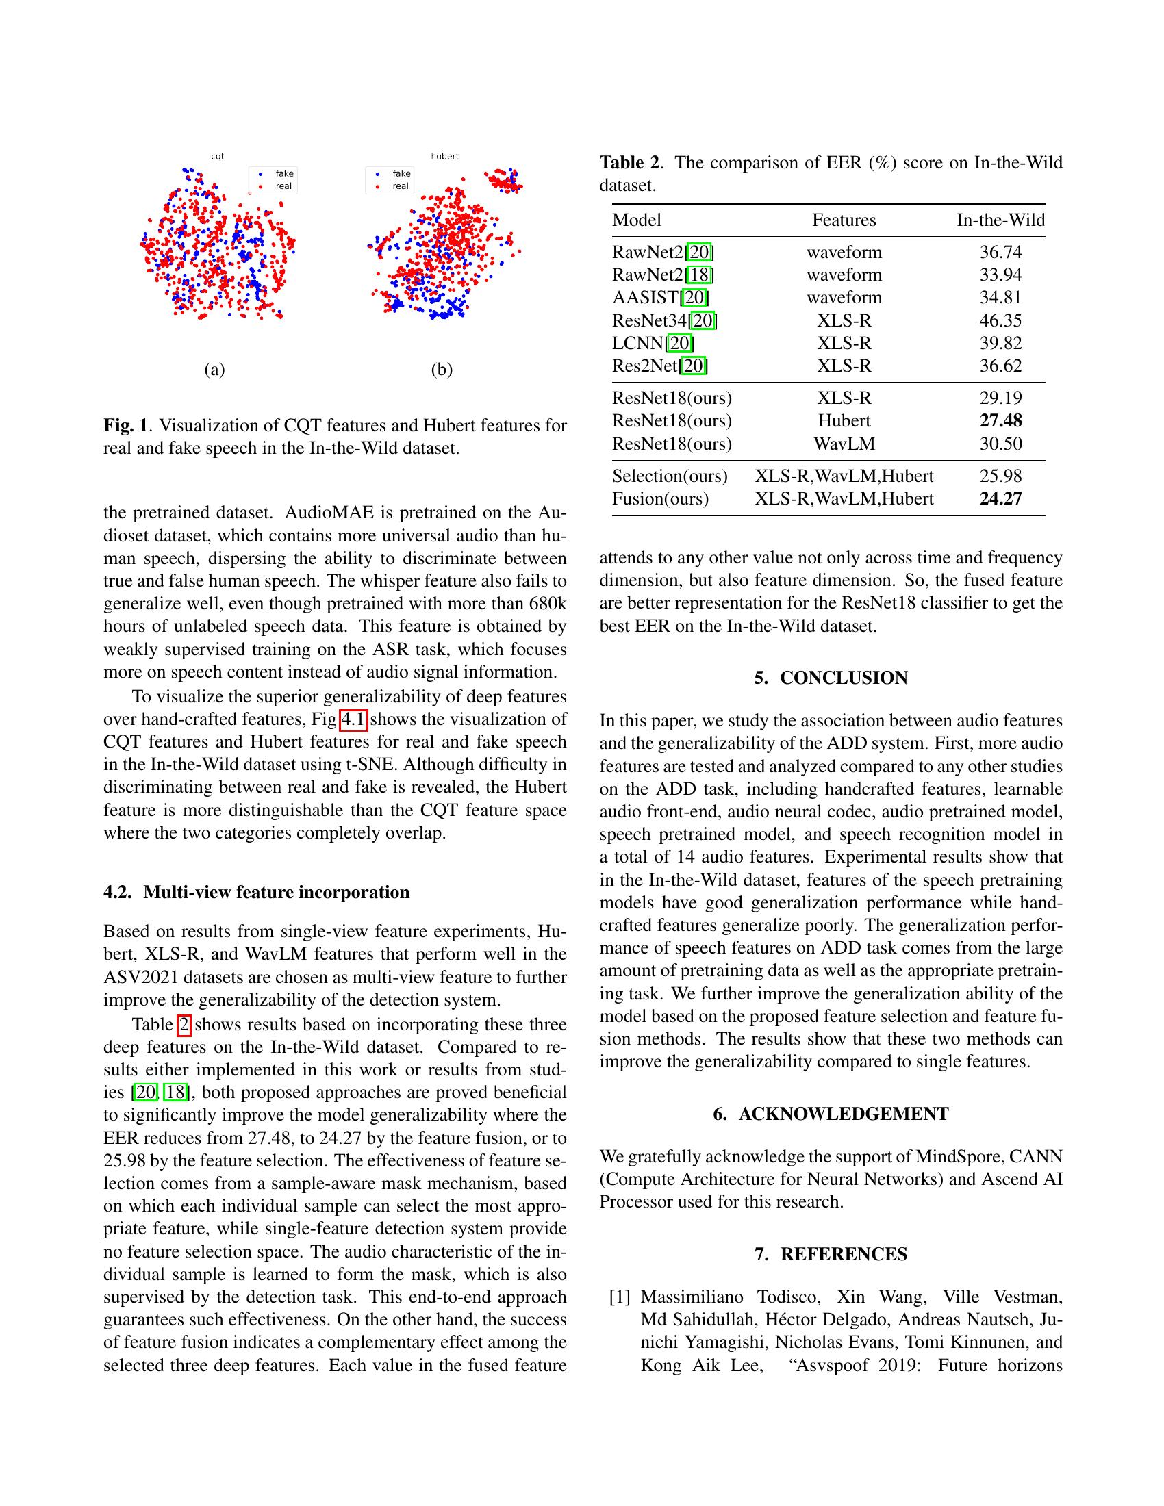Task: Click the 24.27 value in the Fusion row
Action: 1000,498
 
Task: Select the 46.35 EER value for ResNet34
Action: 1000,320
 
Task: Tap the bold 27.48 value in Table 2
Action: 1000,420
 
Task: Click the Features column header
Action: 844,220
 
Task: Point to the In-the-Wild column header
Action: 1000,220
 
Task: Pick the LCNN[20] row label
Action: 653,344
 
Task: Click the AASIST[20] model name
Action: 660,298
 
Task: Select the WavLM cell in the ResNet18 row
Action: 844,444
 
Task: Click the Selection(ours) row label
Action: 670,476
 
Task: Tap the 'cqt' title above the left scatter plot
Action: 217,157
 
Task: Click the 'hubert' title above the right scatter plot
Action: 445,157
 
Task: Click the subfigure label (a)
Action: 214,370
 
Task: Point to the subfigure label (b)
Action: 442,370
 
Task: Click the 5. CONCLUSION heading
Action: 831,678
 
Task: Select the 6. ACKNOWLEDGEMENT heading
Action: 831,1114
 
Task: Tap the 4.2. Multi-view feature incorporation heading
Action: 256,892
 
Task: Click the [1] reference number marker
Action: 620,1297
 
